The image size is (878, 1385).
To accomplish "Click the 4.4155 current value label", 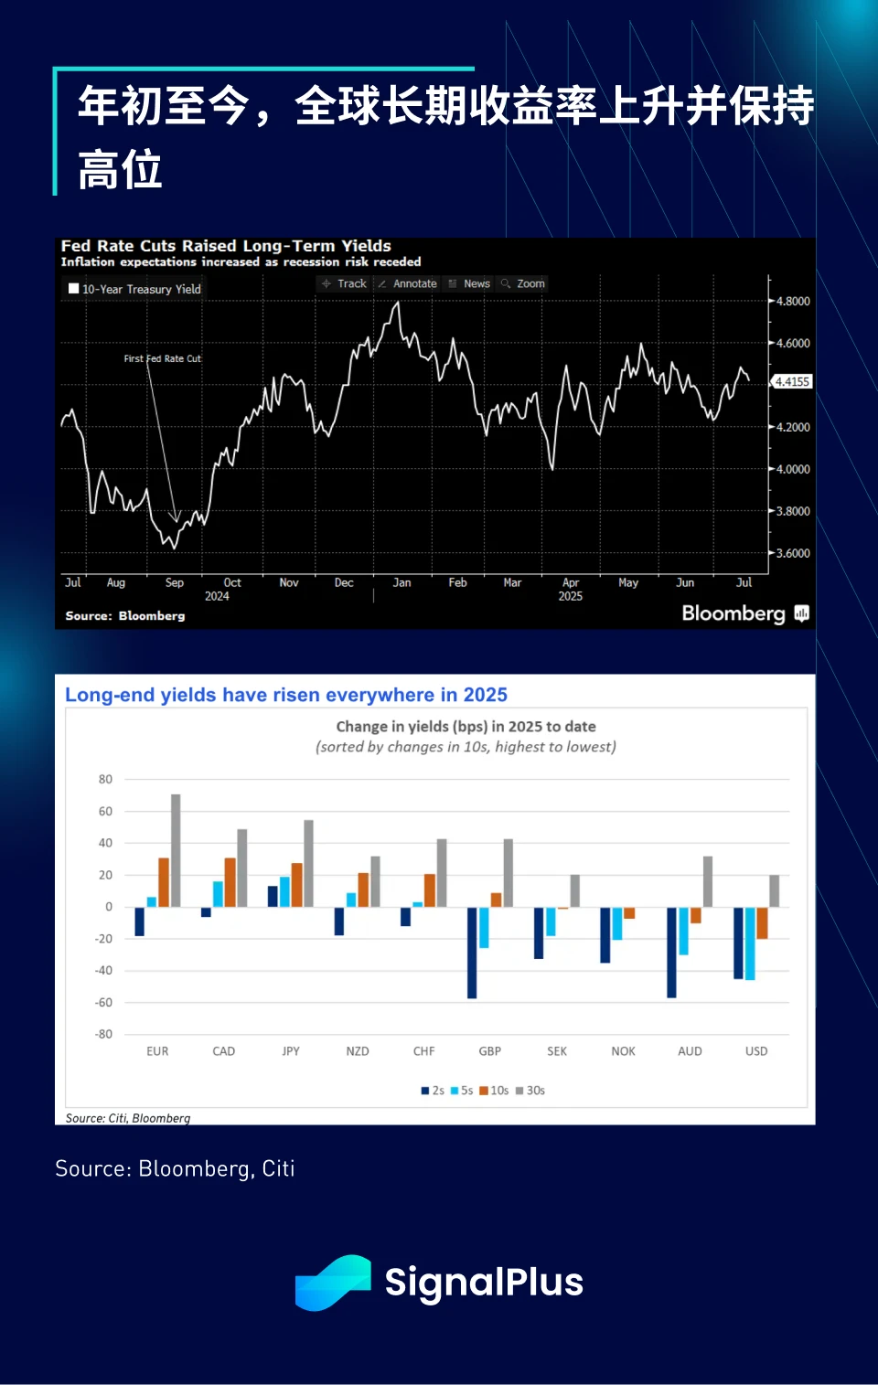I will [x=792, y=382].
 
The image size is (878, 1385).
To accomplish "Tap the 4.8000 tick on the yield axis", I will [x=793, y=301].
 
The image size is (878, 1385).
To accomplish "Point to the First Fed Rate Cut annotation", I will [x=162, y=358].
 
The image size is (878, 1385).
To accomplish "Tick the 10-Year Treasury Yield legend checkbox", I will [x=74, y=289].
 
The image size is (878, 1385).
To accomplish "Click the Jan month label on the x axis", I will [x=402, y=582].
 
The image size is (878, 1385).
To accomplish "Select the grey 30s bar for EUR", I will [x=176, y=850].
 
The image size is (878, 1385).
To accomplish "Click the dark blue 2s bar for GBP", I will [x=472, y=953].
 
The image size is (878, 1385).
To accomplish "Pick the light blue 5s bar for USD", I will [x=750, y=943].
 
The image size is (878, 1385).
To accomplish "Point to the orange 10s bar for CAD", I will [x=230, y=882].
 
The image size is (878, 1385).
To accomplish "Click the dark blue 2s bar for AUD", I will [x=671, y=952].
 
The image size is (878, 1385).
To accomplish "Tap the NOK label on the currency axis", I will [x=623, y=1051].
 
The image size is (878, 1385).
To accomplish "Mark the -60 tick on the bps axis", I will [x=103, y=1003].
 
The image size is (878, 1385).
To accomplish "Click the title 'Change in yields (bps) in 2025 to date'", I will [x=466, y=727].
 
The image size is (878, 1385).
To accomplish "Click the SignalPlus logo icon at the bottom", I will [x=333, y=1282].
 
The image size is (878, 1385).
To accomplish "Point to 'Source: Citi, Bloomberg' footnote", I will [x=128, y=1118].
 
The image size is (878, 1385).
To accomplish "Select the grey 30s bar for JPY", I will [x=308, y=863].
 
